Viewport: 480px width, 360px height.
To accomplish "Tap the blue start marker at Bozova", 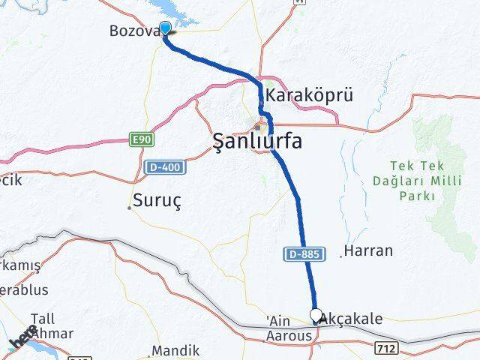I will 166,28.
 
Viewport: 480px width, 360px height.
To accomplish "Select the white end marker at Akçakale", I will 316,316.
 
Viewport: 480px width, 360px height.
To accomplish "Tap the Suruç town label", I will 158,200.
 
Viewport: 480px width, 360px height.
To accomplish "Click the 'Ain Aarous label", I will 289,329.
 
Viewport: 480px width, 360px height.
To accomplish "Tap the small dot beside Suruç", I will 129,208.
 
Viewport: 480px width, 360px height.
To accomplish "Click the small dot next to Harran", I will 341,256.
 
